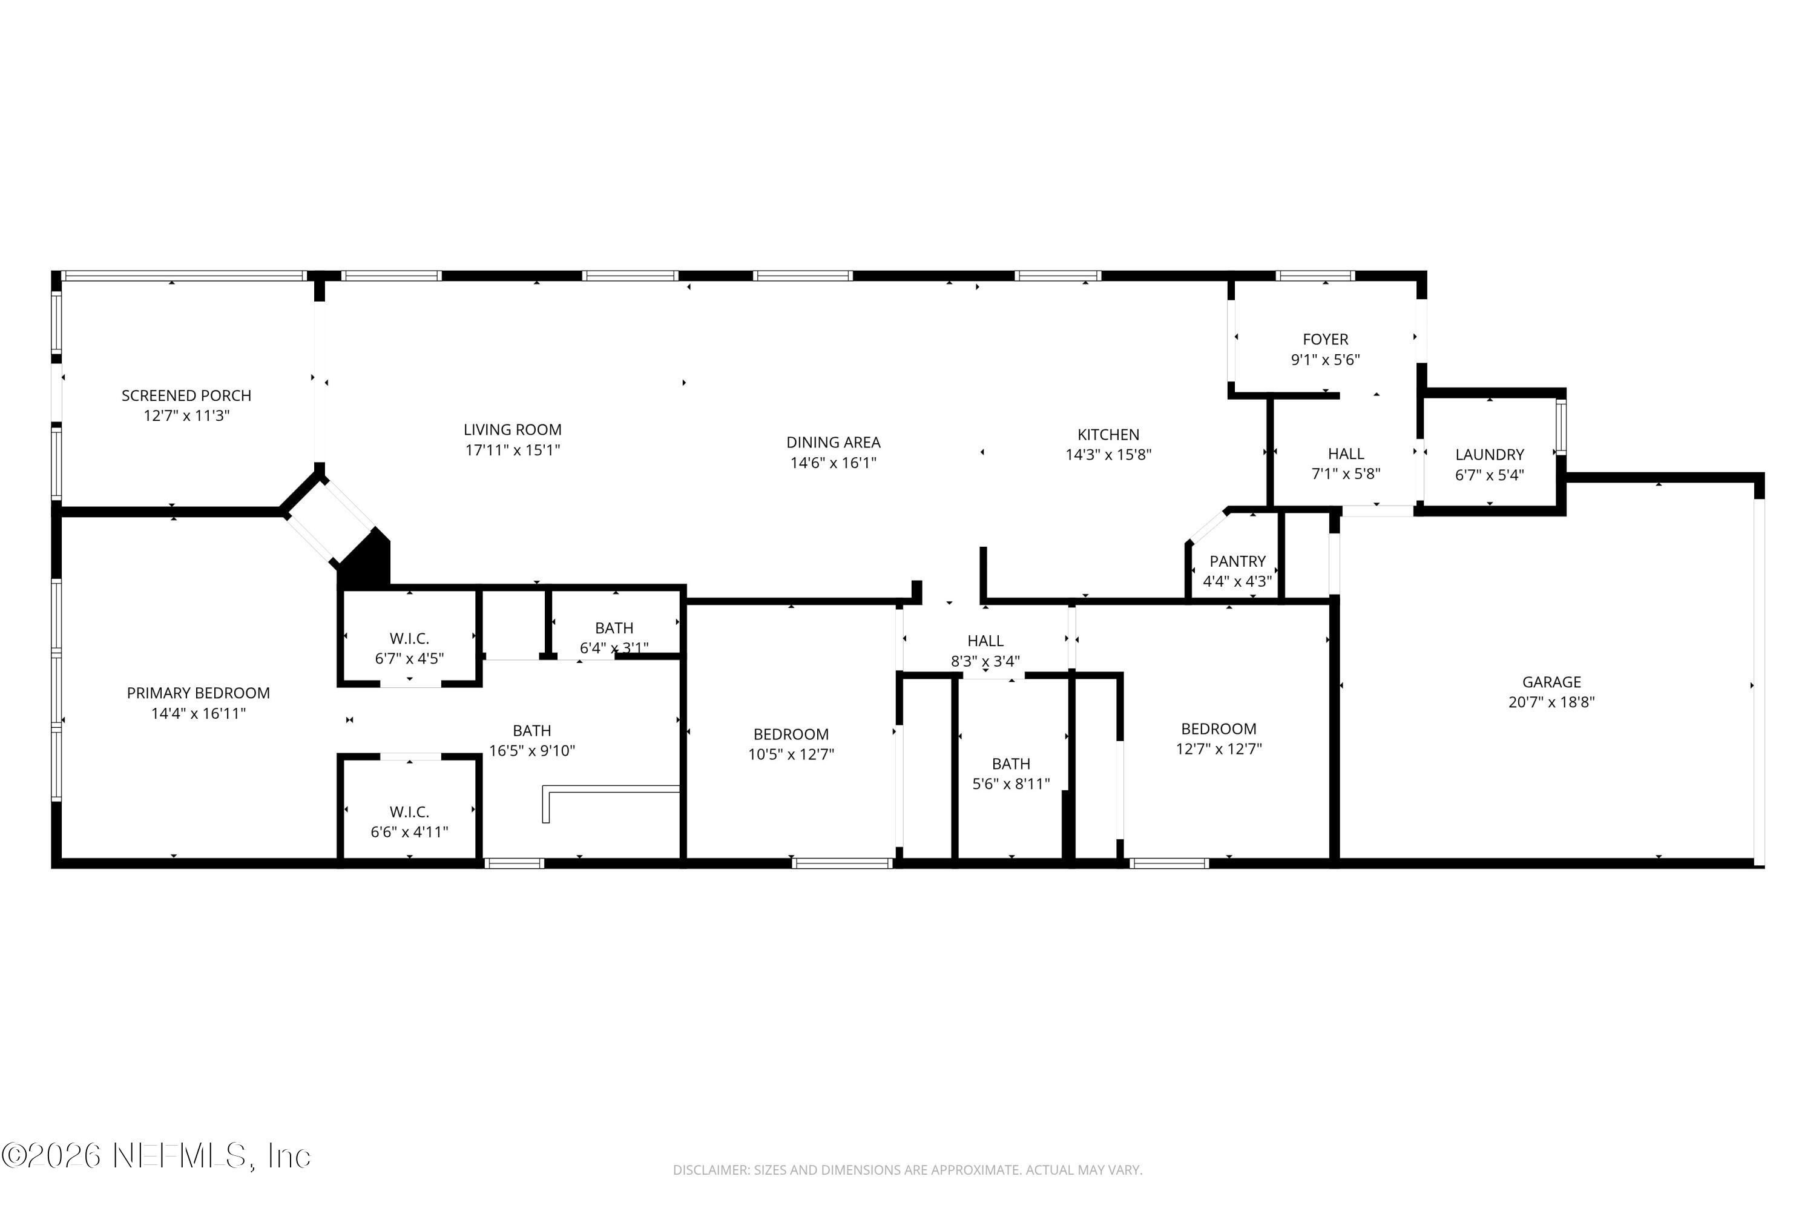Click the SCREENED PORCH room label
click(x=186, y=395)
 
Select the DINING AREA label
click(x=833, y=443)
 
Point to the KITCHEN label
click(x=1108, y=435)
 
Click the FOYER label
click(x=1325, y=339)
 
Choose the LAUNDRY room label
click(x=1489, y=455)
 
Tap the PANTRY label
click(x=1237, y=561)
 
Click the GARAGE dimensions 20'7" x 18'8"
click(x=1551, y=702)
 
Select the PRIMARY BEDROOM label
click(x=199, y=693)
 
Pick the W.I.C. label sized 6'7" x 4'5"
click(x=409, y=639)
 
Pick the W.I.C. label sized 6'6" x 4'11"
click(x=409, y=812)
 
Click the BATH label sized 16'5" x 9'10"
click(x=532, y=731)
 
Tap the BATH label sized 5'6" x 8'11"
click(x=1011, y=764)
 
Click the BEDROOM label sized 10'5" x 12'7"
click(x=791, y=734)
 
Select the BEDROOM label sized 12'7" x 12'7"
click(x=1219, y=729)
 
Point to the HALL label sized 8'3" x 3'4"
click(x=985, y=641)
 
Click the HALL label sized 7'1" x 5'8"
click(x=1346, y=454)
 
